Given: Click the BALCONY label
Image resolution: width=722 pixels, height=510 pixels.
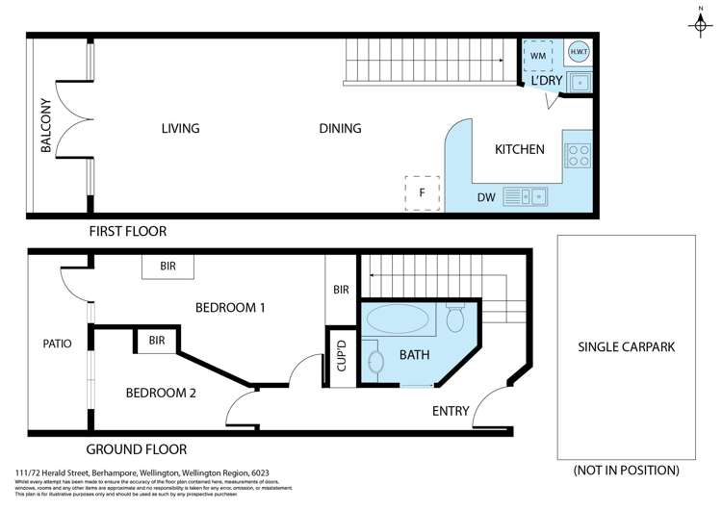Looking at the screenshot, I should [x=45, y=125].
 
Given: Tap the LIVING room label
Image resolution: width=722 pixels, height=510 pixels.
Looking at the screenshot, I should [x=180, y=128].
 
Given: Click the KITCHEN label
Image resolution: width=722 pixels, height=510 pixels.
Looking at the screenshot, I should [x=520, y=149].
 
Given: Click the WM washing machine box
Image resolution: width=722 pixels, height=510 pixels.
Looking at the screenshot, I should [x=538, y=55].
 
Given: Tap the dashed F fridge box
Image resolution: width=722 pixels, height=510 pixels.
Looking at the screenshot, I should [x=422, y=191].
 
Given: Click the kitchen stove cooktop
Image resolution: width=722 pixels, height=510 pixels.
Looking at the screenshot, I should [x=579, y=155].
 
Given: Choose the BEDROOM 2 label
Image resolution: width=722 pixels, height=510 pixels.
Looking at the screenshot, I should [x=161, y=393].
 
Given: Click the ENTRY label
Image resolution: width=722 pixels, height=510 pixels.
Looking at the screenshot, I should [x=451, y=411].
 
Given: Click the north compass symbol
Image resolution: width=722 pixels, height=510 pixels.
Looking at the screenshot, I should [x=700, y=24].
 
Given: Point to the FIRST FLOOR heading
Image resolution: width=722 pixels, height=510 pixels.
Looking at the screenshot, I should [x=127, y=231].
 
